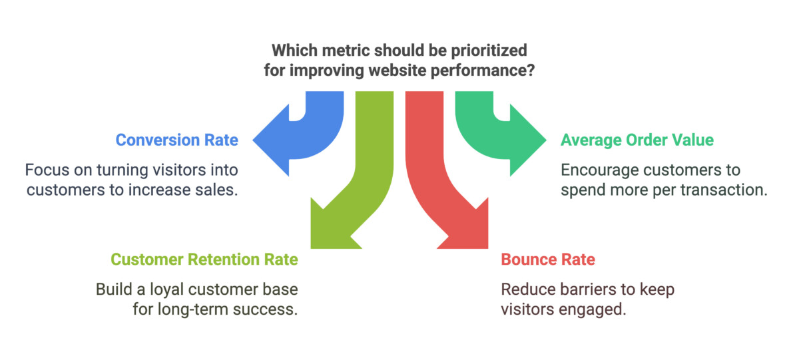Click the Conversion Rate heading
click(x=176, y=140)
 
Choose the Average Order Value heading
click(x=637, y=140)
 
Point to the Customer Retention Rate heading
click(x=204, y=259)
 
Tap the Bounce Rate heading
click(x=548, y=259)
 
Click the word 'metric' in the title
click(x=344, y=51)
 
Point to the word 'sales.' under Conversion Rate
click(x=219, y=190)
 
